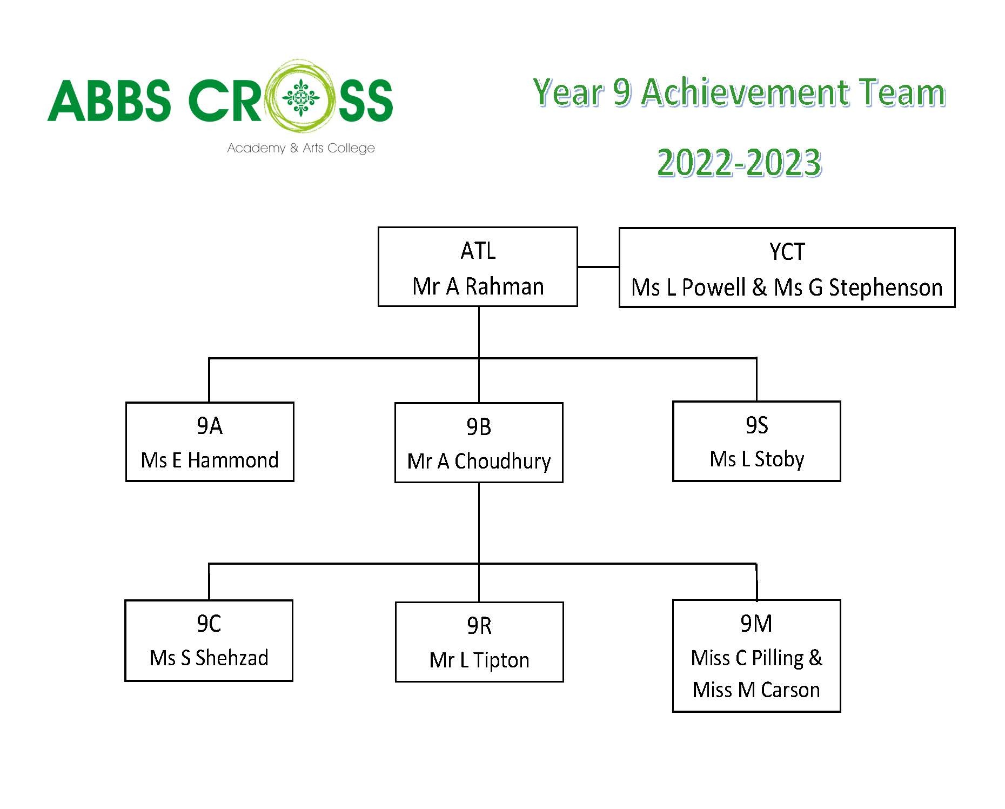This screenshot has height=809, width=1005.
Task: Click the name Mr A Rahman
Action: [x=478, y=286]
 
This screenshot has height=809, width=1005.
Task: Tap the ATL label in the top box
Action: [x=478, y=251]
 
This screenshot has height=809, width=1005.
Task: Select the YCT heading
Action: [x=787, y=252]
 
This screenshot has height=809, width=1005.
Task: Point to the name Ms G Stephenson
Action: [x=858, y=288]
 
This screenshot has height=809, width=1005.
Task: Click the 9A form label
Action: [x=210, y=426]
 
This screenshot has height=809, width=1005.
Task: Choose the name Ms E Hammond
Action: [x=210, y=460]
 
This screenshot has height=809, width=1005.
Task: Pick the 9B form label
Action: [x=479, y=427]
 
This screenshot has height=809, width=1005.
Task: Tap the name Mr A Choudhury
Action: [x=479, y=462]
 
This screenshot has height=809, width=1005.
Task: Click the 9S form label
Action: [x=756, y=425]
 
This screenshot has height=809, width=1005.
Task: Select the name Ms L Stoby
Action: [x=756, y=459]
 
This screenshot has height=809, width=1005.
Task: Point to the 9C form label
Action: [x=209, y=624]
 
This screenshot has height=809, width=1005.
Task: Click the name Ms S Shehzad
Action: [x=209, y=658]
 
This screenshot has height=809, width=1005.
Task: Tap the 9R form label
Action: [x=479, y=626]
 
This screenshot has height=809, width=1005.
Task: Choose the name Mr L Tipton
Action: [x=479, y=660]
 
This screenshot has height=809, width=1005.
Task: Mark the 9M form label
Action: [x=756, y=624]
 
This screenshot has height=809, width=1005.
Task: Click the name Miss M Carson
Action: [x=756, y=690]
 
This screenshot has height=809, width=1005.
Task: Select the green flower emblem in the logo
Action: [x=301, y=98]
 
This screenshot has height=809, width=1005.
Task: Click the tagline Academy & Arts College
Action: [x=301, y=148]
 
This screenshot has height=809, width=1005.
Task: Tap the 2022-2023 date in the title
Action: [x=739, y=163]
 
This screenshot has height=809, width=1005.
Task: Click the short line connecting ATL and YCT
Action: [x=598, y=266]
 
